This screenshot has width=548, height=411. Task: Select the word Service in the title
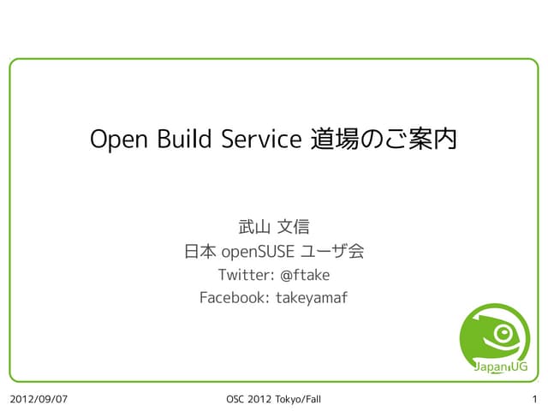click(x=258, y=139)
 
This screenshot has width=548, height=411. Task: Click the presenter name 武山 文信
click(x=273, y=228)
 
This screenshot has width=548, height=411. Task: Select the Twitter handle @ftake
click(x=305, y=275)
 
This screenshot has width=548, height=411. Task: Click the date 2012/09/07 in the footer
click(x=39, y=399)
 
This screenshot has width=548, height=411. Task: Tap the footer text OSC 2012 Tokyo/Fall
click(x=273, y=399)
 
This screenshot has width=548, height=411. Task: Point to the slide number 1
click(x=534, y=399)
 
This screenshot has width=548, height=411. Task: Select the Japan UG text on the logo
click(x=500, y=367)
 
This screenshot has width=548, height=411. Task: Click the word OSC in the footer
click(x=235, y=399)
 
